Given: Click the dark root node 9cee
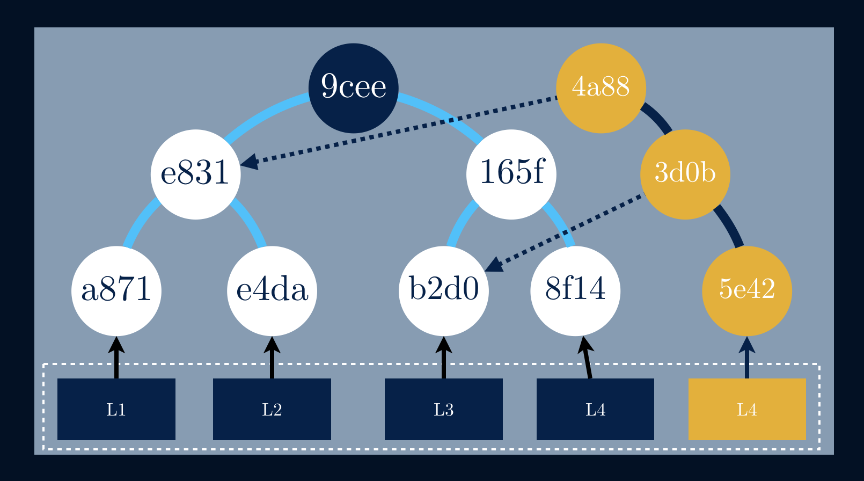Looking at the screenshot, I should click(x=353, y=88).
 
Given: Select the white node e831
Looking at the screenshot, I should click(x=195, y=174).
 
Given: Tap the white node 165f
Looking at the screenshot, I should click(x=511, y=174).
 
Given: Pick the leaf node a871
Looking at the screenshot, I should click(x=116, y=290).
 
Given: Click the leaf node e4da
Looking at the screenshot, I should click(x=272, y=290).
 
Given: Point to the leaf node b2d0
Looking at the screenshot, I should click(x=444, y=290).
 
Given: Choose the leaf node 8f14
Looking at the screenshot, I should click(x=575, y=290).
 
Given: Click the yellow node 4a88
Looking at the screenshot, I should click(x=601, y=88).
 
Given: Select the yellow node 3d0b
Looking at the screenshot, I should click(x=685, y=174).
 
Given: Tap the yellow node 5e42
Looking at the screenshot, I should click(x=746, y=290).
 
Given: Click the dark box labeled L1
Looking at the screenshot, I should click(x=116, y=409).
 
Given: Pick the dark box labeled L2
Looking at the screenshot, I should click(x=272, y=409).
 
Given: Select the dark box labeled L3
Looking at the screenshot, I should click(x=444, y=409).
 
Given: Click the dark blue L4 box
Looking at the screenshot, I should click(x=595, y=409).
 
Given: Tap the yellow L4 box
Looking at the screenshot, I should click(x=747, y=409).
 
